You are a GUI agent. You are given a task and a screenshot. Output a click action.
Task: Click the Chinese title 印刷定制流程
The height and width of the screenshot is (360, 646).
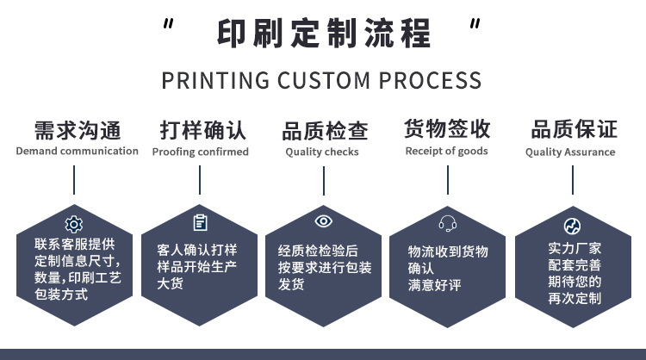[x=324, y=34]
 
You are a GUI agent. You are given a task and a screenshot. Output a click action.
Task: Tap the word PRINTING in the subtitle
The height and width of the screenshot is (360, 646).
[x=215, y=81]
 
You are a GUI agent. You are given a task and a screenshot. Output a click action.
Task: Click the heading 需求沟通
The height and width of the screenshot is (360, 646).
[x=77, y=130]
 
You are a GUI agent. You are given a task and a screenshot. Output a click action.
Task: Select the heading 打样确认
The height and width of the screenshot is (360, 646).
[x=202, y=130]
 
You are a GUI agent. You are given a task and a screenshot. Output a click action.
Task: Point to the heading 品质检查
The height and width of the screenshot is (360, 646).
[x=325, y=131]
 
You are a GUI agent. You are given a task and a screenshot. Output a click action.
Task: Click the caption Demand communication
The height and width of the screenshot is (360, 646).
[x=77, y=151]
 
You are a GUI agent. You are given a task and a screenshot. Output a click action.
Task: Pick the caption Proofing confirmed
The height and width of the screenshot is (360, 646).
[x=201, y=152]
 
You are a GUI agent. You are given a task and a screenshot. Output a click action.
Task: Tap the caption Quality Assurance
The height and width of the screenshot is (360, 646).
[x=570, y=152]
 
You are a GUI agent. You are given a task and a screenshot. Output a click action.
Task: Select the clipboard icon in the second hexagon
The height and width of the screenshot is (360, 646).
[x=201, y=222]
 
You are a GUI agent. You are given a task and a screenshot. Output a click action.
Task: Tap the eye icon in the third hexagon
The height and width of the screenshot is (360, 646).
[x=323, y=221]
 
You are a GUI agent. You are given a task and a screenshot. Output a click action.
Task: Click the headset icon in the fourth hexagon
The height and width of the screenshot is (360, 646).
[x=447, y=224]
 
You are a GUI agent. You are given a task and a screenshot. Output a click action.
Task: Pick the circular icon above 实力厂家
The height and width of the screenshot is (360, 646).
[x=572, y=226]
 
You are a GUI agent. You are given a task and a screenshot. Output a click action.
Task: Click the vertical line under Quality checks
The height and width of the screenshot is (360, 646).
[x=324, y=181]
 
